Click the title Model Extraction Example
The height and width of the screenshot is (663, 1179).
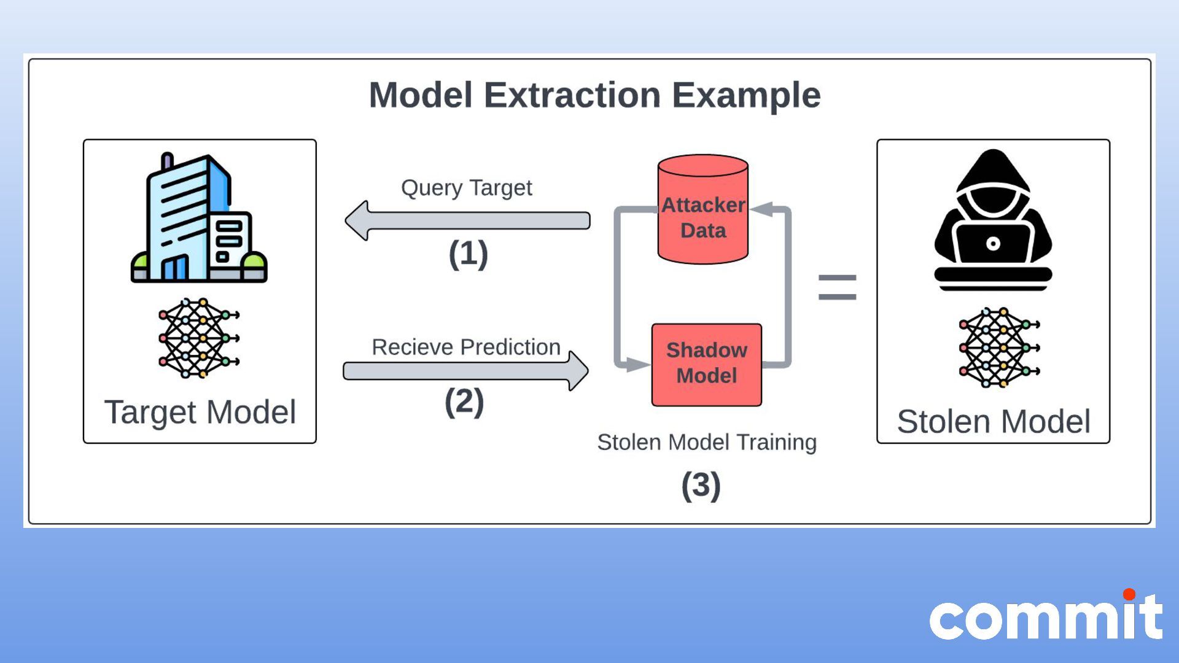coord(594,95)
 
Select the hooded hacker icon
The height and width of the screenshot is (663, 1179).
coord(993,218)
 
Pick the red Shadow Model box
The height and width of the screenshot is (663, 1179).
coord(707,364)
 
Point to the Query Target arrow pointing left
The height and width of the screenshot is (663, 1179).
coord(467,220)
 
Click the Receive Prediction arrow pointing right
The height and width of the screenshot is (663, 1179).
coord(465,371)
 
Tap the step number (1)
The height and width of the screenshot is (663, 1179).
coord(468,254)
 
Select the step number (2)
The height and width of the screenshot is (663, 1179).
coord(464,402)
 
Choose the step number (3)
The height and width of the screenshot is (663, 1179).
coord(701,486)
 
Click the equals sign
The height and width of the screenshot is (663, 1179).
coord(837,287)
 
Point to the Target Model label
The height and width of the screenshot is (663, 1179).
coord(200,412)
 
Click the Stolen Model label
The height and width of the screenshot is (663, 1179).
coord(994,422)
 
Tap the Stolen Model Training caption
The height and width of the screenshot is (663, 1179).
coord(707,442)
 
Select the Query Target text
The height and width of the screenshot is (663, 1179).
coord(467,187)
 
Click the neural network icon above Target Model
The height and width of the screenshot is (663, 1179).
coord(198,338)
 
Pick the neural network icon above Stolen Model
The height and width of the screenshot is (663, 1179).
coord(998,347)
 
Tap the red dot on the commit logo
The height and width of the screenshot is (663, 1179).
coord(1129,594)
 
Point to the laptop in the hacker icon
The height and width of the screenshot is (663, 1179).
coord(993,244)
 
